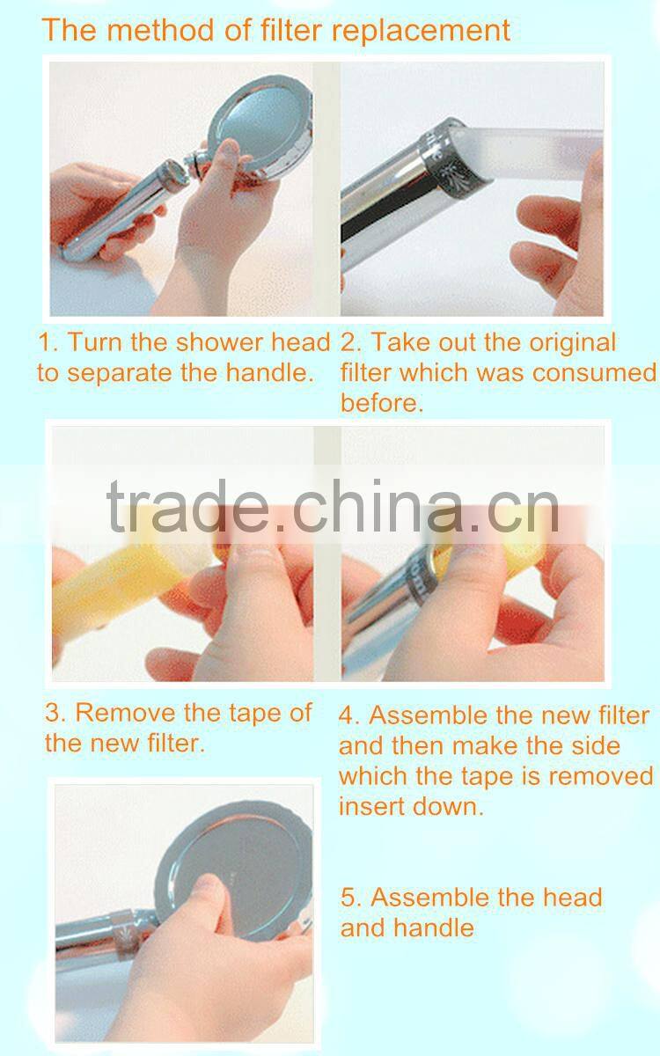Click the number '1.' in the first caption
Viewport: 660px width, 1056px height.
(48, 342)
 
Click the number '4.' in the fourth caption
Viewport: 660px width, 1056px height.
(350, 715)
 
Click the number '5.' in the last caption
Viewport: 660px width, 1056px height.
(352, 898)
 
